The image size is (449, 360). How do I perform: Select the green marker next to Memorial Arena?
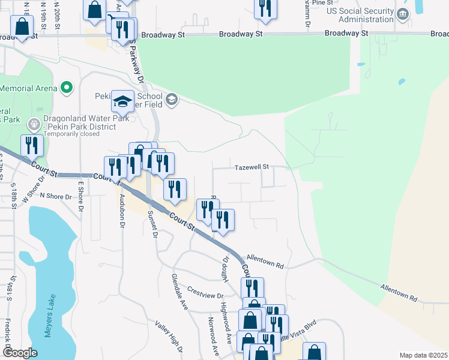(x=67, y=88)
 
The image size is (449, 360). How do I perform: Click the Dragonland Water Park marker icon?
(x=34, y=125)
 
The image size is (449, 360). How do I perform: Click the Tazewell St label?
(x=252, y=167)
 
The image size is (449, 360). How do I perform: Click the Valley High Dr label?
(x=169, y=335)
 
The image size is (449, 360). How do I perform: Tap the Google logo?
(x=20, y=353)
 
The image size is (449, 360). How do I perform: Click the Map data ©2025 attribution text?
(x=423, y=355)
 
